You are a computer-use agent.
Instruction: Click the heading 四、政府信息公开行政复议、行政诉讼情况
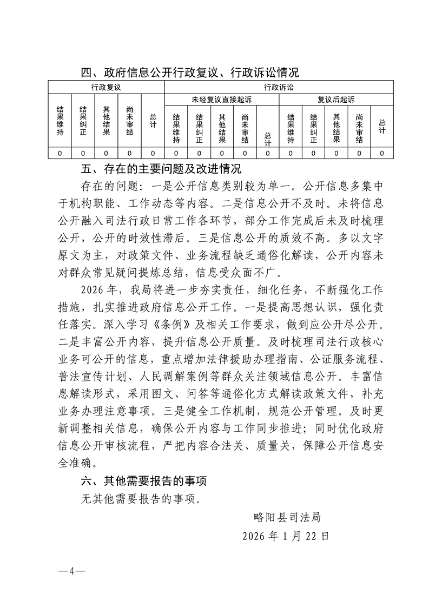[x=189, y=72]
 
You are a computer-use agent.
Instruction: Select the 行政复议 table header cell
[x=106, y=87]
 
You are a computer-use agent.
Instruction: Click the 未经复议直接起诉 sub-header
[x=221, y=100]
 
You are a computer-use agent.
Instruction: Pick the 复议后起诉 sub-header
[x=336, y=100]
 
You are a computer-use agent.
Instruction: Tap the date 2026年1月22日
[x=285, y=537]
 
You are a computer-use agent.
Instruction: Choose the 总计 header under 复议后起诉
[x=382, y=126]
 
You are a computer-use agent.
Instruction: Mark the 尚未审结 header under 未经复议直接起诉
[x=245, y=129]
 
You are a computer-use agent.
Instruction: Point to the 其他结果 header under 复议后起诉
[x=336, y=128]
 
